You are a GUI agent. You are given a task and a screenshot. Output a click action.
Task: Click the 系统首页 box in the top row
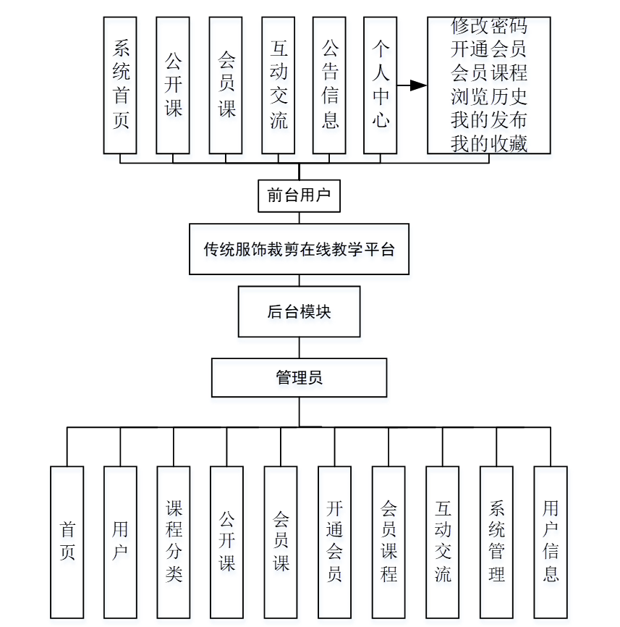point(120,85)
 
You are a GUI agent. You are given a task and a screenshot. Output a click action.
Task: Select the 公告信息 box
point(329,85)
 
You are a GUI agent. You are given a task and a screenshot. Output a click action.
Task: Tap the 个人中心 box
point(381,85)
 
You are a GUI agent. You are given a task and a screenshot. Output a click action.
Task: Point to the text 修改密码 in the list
point(489,27)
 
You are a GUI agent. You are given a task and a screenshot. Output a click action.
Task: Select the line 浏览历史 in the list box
point(489,96)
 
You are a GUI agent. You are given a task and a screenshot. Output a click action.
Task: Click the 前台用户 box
point(299,195)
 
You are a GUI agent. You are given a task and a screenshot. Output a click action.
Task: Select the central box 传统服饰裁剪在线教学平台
point(299,250)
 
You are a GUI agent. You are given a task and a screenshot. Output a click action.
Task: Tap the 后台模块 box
point(299,312)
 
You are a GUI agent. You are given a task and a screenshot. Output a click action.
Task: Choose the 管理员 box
point(299,377)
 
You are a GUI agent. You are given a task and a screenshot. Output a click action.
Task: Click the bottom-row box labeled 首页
point(67,542)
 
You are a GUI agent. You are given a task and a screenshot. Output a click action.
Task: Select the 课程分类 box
point(174,542)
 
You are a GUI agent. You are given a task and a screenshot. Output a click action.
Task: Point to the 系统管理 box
point(496,542)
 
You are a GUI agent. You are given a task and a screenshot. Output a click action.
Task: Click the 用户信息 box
point(551,542)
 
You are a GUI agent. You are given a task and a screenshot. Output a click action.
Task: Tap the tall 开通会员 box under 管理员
point(334,542)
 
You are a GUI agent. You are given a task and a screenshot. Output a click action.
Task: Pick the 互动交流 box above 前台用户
point(279,85)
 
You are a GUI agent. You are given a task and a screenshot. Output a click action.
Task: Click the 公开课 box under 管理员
point(227,542)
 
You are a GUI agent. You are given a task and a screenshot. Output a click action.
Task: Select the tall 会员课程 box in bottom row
point(388,542)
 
